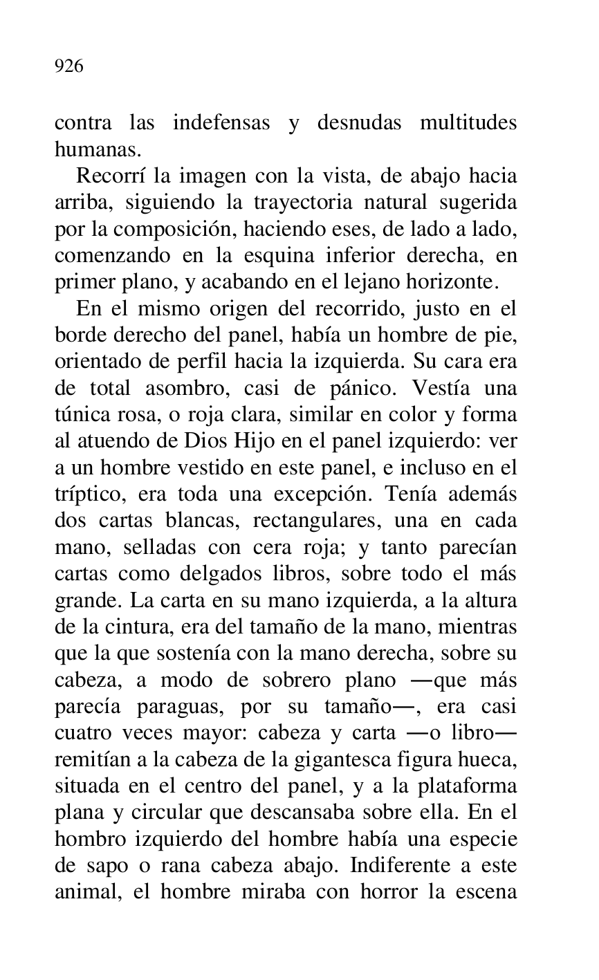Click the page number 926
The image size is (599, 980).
68,66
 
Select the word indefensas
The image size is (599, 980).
221,123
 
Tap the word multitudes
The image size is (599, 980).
468,123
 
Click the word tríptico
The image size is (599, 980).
86,495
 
